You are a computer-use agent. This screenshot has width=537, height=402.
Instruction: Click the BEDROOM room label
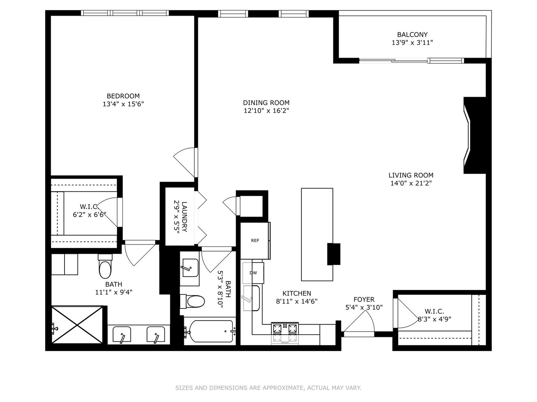(123, 96)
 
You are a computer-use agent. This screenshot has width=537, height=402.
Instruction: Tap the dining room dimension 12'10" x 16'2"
(266, 111)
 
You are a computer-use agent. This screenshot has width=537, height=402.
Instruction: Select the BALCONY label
(412, 35)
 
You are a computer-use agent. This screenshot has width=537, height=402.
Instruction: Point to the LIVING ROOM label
(411, 175)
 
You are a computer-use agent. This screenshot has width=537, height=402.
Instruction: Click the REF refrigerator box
(255, 240)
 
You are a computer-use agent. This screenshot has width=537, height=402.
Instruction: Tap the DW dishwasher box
(254, 273)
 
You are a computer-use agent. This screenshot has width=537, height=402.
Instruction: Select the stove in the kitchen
(285, 333)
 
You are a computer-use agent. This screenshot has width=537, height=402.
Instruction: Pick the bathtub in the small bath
(211, 331)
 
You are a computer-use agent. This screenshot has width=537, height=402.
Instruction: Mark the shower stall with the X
(77, 325)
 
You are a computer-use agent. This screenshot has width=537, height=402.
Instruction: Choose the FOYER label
(364, 299)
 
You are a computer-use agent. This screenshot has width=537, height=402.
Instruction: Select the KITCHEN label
(296, 293)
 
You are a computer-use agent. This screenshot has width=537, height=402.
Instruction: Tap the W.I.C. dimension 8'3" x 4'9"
(434, 319)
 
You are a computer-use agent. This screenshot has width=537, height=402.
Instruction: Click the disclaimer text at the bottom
(268, 388)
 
